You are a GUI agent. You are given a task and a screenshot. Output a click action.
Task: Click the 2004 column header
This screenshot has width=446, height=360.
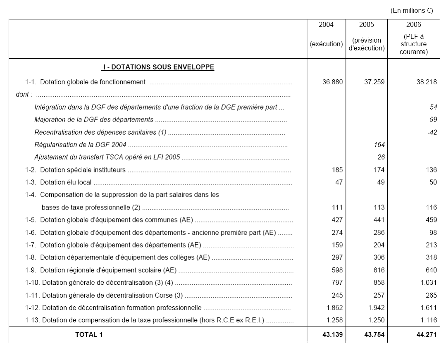(326, 25)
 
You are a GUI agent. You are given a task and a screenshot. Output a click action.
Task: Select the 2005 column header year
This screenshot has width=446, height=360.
(366, 25)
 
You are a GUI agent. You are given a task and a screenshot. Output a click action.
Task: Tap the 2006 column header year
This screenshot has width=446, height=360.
(413, 25)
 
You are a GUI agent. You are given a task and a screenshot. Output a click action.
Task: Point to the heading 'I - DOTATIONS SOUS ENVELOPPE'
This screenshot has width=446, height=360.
(158, 67)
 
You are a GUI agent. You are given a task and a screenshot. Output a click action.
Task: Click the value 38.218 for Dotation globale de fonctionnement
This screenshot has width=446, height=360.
(426, 82)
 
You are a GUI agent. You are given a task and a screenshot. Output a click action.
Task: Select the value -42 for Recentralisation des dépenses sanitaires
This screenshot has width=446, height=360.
(432, 132)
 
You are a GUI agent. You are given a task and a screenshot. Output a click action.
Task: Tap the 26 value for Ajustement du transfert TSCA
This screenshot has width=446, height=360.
(380, 157)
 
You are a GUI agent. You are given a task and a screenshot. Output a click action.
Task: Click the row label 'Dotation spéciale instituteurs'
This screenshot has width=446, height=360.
(83, 170)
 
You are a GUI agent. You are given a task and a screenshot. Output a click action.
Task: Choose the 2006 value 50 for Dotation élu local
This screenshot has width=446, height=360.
(433, 182)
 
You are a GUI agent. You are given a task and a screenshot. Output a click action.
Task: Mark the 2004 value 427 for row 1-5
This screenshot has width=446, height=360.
(337, 220)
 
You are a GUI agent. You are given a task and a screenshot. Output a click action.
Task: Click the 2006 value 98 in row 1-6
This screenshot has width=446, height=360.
(433, 233)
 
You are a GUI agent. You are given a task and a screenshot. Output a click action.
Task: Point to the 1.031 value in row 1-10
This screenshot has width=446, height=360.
(428, 283)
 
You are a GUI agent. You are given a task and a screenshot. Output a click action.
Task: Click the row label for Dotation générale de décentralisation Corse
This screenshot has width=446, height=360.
(112, 296)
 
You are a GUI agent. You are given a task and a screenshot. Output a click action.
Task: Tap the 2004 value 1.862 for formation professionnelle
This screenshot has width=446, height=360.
(334, 308)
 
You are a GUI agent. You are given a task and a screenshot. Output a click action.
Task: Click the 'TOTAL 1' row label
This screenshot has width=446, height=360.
(88, 335)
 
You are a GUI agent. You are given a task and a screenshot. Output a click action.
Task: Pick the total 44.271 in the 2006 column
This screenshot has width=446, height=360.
(426, 335)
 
